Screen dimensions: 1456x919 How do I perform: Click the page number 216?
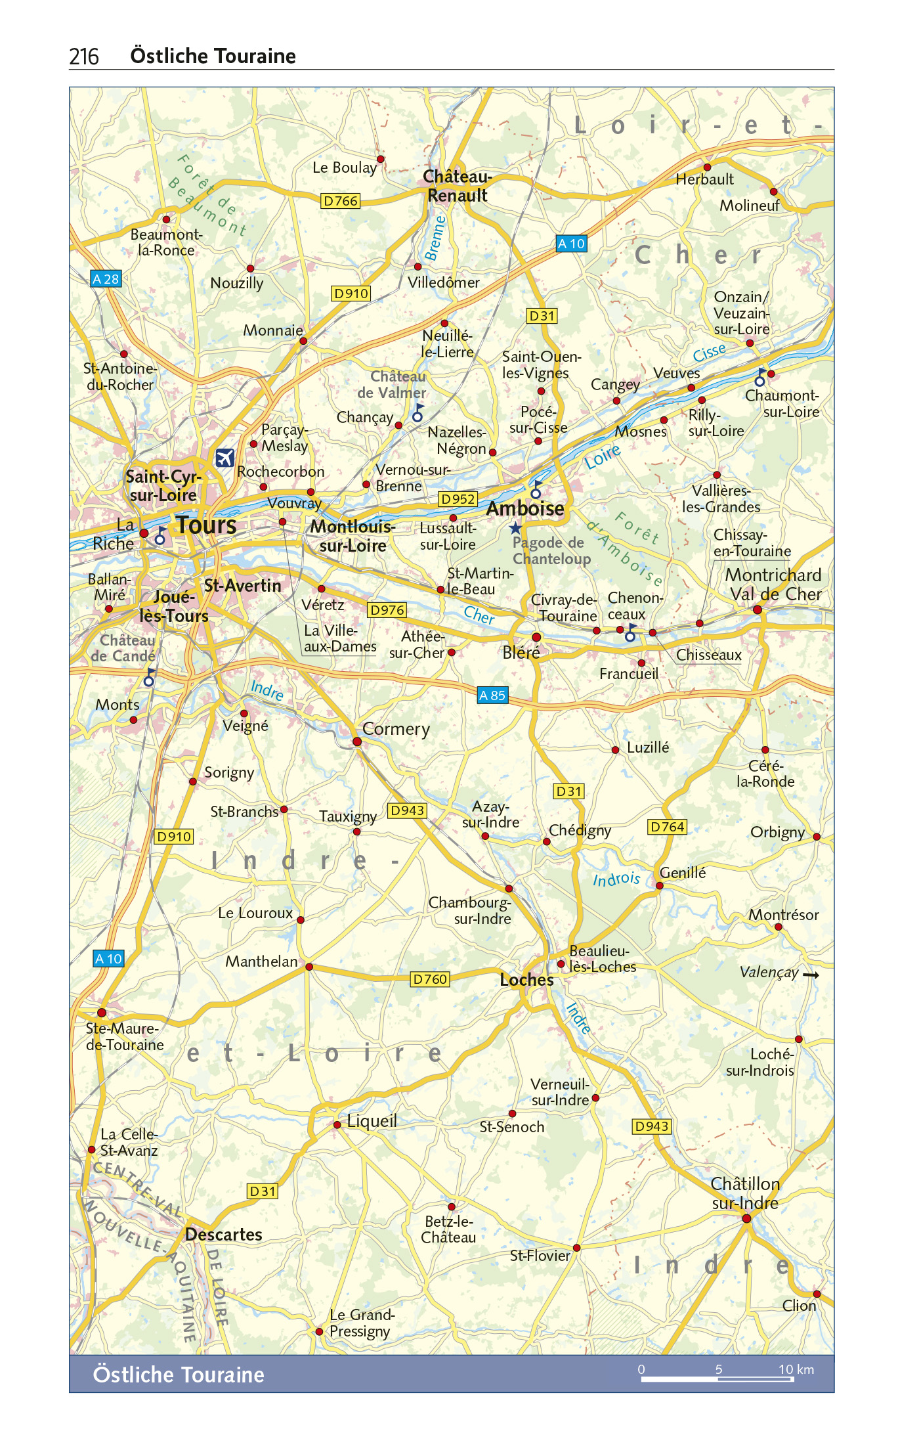click(84, 57)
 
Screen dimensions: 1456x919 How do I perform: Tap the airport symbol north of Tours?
click(224, 457)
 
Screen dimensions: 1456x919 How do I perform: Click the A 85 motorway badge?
click(492, 695)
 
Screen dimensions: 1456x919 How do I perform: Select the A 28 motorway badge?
click(106, 279)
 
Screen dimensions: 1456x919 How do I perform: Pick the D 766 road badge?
click(341, 201)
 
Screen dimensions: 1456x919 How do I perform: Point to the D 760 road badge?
click(430, 979)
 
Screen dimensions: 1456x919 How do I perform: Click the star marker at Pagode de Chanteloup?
click(516, 528)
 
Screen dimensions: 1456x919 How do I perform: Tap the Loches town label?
click(526, 980)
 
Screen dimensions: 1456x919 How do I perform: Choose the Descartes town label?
click(224, 1235)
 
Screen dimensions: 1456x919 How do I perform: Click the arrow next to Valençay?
click(811, 975)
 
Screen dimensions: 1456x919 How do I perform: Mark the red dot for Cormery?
click(357, 741)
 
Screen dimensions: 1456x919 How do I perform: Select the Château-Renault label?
click(457, 186)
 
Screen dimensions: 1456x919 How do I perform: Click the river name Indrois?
click(616, 879)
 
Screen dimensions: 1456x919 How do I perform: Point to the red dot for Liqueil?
click(337, 1125)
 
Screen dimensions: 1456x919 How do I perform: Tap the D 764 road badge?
click(668, 827)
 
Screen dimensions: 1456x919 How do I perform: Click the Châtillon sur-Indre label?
click(745, 1193)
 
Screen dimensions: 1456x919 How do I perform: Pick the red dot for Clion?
click(817, 1294)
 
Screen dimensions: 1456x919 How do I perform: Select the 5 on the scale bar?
click(719, 1369)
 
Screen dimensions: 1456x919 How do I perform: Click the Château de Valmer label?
click(392, 384)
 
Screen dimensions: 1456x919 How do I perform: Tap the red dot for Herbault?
click(707, 167)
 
